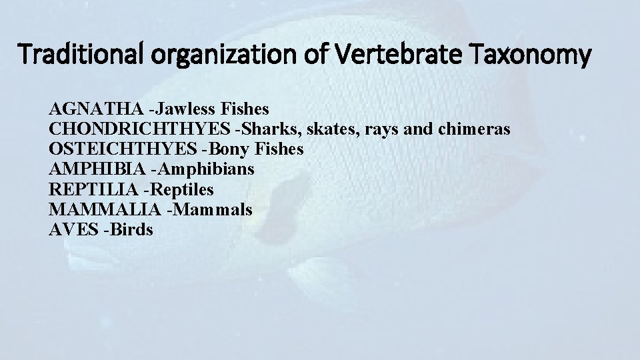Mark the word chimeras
tap(474, 128)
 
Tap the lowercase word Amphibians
tap(215, 169)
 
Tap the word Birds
tap(133, 230)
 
